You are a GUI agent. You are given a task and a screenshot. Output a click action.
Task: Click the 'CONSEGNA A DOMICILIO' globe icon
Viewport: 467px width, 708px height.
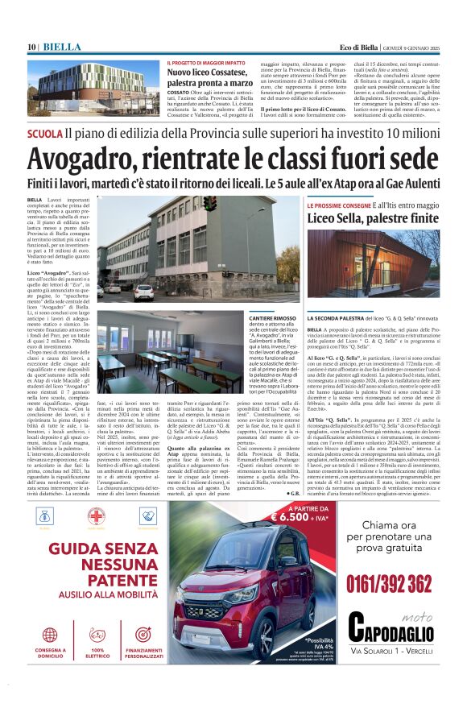click(x=51, y=635)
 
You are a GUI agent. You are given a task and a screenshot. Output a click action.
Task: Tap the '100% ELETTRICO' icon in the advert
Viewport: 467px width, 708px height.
click(x=97, y=635)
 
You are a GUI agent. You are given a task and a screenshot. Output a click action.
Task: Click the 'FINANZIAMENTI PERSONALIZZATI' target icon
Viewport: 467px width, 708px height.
click(x=144, y=635)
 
